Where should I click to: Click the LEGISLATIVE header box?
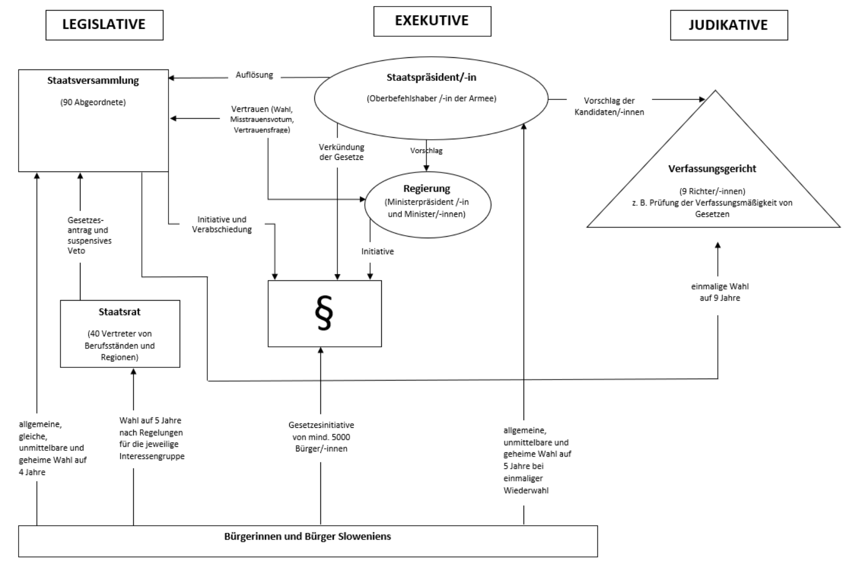click(104, 25)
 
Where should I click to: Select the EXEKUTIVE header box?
click(432, 21)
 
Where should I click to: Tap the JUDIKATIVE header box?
click(728, 25)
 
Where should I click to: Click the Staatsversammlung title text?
click(93, 80)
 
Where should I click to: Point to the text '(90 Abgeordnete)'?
click(93, 103)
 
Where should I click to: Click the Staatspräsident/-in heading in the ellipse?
click(431, 77)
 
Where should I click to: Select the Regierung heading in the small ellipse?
click(427, 188)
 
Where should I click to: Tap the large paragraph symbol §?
click(324, 314)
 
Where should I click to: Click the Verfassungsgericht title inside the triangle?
click(712, 169)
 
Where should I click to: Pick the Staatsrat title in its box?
click(120, 312)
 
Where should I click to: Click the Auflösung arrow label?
click(254, 75)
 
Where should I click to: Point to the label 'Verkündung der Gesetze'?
click(341, 152)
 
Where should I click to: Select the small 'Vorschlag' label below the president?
click(426, 151)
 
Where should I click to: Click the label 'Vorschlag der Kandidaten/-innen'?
click(609, 107)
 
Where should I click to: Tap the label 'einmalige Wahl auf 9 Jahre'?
click(719, 292)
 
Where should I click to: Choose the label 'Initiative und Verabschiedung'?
click(222, 225)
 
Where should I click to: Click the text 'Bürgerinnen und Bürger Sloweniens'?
click(307, 536)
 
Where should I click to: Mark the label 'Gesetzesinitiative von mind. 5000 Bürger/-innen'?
click(321, 437)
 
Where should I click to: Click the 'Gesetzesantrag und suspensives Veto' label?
click(89, 235)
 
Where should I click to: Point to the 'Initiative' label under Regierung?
click(377, 251)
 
